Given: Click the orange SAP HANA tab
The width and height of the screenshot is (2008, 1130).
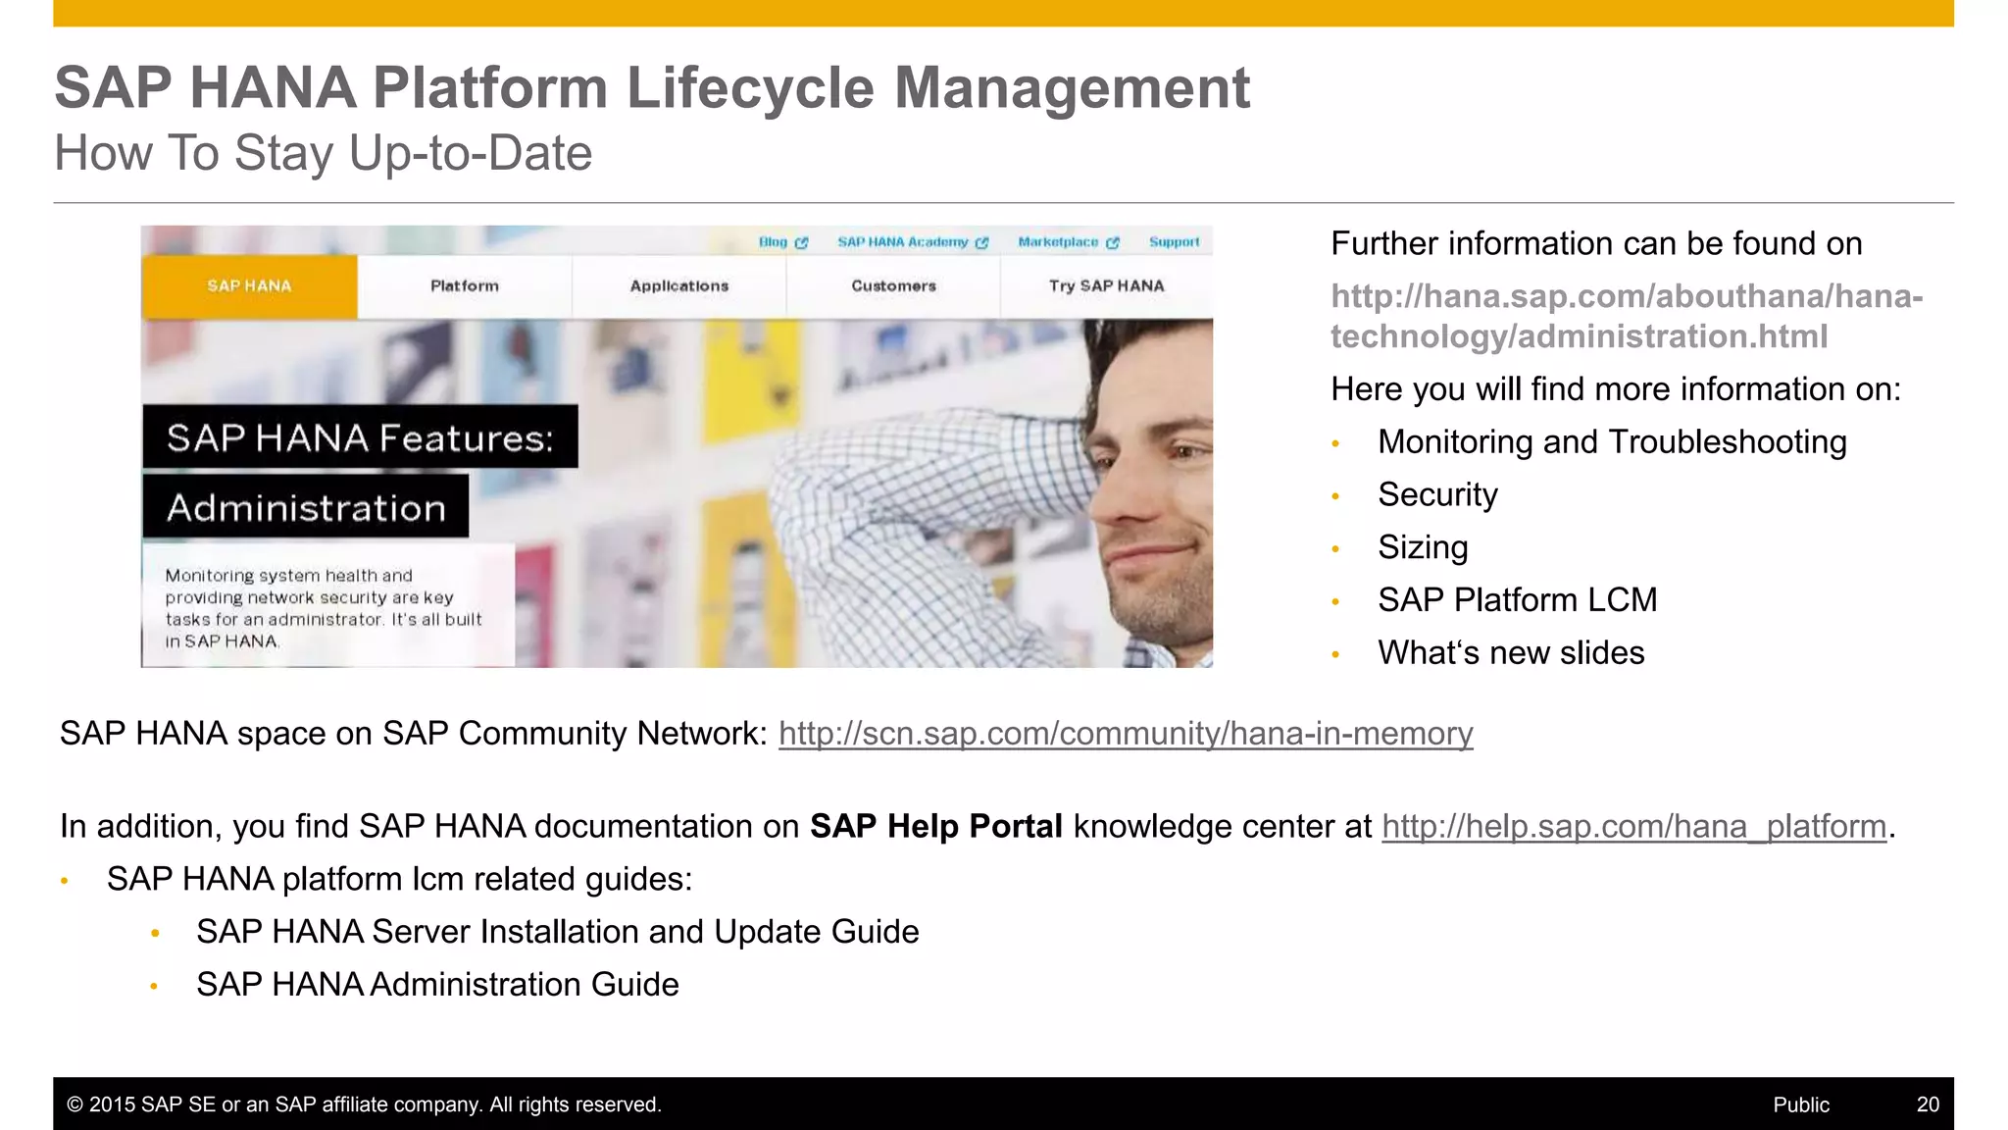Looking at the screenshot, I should click(x=249, y=286).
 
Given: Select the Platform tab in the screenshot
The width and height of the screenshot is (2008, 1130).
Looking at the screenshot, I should click(x=465, y=286).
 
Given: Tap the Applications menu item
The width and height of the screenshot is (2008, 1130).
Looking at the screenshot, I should click(x=679, y=286).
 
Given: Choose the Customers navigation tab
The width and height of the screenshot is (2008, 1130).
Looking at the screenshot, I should click(x=893, y=286).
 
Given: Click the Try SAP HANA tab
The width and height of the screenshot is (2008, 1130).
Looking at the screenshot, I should click(x=1106, y=286).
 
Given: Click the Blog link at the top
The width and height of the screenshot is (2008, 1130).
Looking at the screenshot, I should click(x=774, y=242).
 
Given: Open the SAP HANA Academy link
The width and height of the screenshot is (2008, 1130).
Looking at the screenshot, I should click(x=903, y=242).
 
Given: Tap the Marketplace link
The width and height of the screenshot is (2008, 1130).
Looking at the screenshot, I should click(x=1058, y=242).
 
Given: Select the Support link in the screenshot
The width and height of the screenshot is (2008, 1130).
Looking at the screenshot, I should click(x=1174, y=242).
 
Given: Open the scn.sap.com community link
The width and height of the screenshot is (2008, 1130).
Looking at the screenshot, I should click(x=1126, y=734).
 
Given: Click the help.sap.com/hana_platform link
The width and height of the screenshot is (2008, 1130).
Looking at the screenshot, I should click(x=1633, y=827).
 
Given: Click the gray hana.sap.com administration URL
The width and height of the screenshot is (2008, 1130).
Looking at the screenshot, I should click(x=1626, y=316).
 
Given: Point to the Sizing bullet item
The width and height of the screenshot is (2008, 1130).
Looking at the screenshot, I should click(x=1423, y=547).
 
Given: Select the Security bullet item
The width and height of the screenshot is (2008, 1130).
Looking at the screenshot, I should click(x=1437, y=494).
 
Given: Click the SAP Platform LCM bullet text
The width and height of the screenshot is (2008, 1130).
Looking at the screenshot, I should click(x=1517, y=600).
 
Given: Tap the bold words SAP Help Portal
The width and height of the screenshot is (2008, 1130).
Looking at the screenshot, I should click(x=935, y=827).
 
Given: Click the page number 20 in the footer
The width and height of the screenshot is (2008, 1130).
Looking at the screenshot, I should click(x=1927, y=1104).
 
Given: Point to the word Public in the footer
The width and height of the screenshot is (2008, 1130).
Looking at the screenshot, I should click(x=1800, y=1104).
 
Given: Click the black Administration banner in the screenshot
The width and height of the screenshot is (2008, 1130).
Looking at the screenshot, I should click(x=306, y=508).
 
